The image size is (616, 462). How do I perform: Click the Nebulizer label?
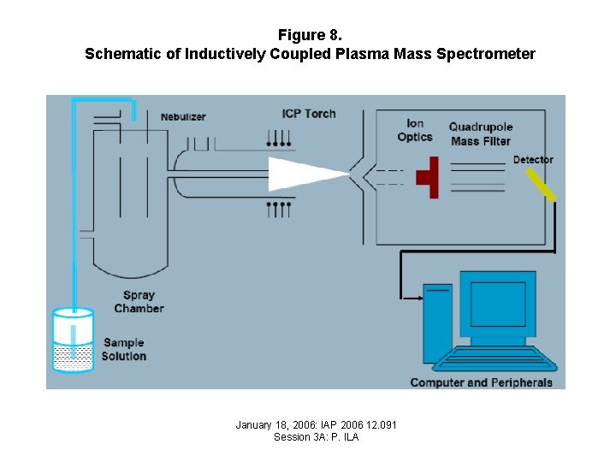point(183,117)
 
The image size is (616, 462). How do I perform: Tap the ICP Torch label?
point(309,114)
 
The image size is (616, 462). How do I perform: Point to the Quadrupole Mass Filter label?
point(480,134)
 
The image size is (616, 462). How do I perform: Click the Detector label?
point(533,160)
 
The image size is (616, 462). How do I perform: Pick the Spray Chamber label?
point(139,302)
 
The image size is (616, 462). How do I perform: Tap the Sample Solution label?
point(124,349)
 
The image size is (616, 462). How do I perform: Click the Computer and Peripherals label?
point(481,382)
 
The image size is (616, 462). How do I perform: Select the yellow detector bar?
point(540,185)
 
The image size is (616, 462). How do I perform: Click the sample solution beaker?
point(73,342)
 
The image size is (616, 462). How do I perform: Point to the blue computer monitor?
point(497,305)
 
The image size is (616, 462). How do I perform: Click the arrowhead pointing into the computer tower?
point(418,299)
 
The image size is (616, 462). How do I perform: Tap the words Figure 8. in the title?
point(309,35)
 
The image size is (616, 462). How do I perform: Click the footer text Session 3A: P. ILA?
point(316,437)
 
